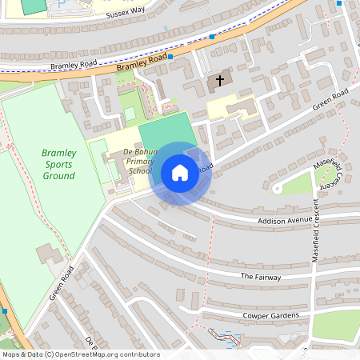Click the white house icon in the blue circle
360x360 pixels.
(180, 173)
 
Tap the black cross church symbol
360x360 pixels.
(217, 81)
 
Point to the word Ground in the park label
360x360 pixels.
(59, 176)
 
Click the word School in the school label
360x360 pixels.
(139, 170)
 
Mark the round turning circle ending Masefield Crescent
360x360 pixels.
(278, 189)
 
